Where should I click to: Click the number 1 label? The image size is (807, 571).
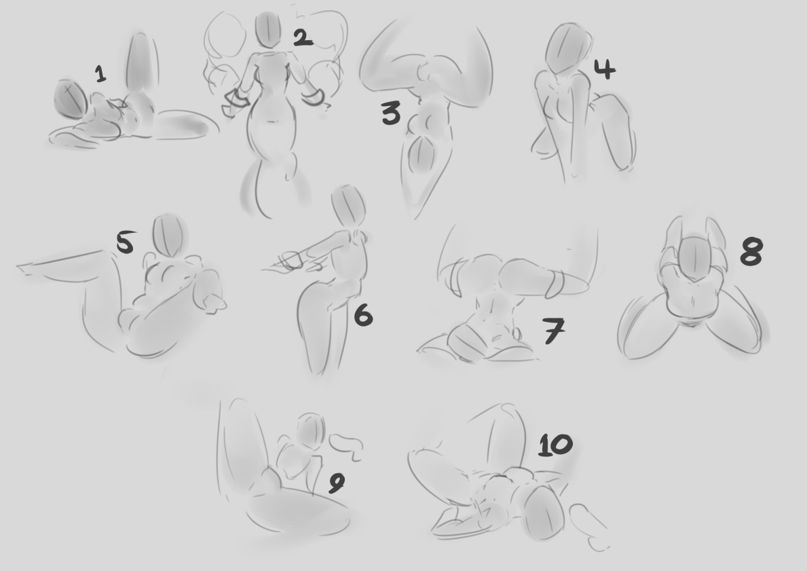click(x=101, y=73)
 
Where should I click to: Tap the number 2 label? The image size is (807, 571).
click(x=303, y=37)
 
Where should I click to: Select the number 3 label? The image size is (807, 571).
click(x=391, y=113)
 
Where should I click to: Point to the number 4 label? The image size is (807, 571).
click(x=605, y=69)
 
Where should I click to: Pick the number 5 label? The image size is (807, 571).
click(x=126, y=242)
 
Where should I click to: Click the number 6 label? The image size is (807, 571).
click(x=363, y=314)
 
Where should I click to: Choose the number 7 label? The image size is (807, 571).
click(x=553, y=331)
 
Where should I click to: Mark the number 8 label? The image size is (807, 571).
click(x=751, y=251)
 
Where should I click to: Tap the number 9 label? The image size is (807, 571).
click(x=337, y=483)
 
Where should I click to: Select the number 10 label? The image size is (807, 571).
click(x=555, y=445)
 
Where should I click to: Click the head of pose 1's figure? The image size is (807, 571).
click(x=71, y=99)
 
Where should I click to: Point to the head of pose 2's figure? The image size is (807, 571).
click(x=269, y=29)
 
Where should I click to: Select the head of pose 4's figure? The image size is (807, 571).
click(x=567, y=50)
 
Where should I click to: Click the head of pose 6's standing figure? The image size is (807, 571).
click(x=348, y=205)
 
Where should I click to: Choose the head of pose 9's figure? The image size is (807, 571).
click(x=312, y=431)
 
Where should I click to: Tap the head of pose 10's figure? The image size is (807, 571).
click(x=546, y=513)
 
